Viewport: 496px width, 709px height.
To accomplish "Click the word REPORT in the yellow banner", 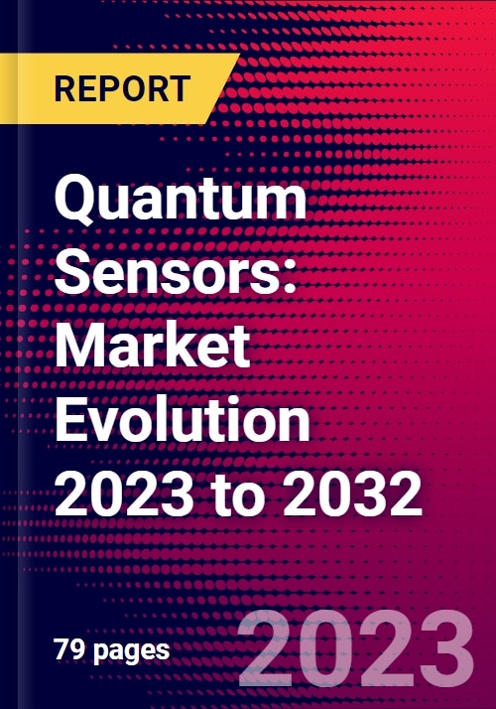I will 120,88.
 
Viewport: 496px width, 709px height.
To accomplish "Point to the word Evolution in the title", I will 183,419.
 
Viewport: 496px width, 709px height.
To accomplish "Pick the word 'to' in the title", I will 248,495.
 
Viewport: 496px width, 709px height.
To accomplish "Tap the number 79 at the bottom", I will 65,650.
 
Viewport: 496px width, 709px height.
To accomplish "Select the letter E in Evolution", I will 70,419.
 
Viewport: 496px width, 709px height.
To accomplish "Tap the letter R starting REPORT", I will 62,88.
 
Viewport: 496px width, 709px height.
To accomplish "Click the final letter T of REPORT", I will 179,88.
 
